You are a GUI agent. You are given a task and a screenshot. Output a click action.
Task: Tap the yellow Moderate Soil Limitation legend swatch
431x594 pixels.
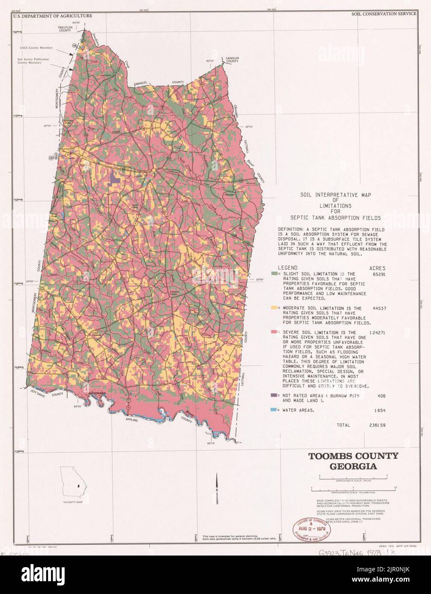(273, 308)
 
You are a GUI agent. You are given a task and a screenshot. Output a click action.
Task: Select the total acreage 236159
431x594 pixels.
(377, 425)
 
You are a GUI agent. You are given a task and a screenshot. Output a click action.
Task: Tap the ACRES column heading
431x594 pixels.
(377, 267)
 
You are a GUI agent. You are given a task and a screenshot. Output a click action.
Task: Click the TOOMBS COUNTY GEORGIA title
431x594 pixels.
(353, 461)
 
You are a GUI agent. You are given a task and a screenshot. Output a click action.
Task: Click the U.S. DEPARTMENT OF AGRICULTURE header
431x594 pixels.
(53, 15)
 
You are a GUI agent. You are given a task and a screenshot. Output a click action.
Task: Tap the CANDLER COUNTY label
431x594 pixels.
(232, 59)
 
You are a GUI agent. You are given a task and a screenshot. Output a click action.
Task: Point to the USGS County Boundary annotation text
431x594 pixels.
(36, 47)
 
